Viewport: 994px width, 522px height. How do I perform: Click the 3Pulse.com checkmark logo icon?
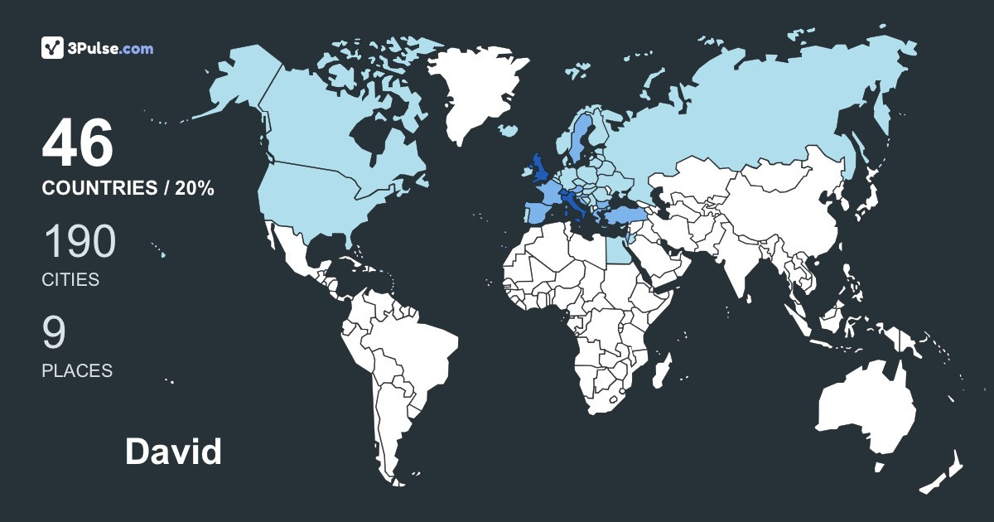click(53, 48)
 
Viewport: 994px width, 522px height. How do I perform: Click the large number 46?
click(77, 143)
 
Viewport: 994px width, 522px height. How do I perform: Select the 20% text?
click(195, 188)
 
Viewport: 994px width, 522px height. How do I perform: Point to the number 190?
click(79, 242)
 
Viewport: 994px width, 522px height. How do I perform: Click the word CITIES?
click(70, 280)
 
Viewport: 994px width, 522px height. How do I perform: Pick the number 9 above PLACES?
click(54, 332)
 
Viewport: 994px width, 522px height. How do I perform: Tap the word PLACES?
click(77, 371)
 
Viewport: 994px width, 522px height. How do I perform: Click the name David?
click(173, 452)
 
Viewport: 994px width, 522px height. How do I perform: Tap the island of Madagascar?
click(659, 370)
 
